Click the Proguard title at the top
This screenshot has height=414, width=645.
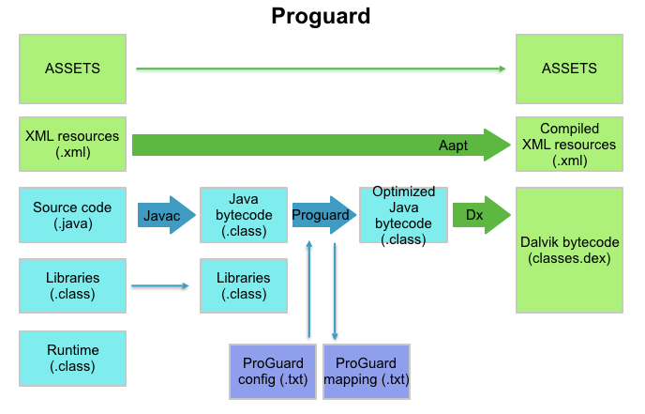pyautogui.click(x=322, y=16)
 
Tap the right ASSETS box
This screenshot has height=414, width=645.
pyautogui.click(x=568, y=69)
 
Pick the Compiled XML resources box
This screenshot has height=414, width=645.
pyautogui.click(x=568, y=144)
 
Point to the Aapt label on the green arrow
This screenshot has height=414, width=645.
pyautogui.click(x=453, y=146)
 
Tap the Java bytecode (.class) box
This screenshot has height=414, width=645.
pyautogui.click(x=242, y=215)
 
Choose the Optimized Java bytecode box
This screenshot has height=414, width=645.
pyautogui.click(x=402, y=215)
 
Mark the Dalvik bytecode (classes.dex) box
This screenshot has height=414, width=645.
pyautogui.click(x=568, y=250)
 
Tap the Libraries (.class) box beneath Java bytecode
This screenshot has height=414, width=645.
pyautogui.click(x=242, y=286)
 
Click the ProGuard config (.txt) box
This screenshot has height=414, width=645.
pyautogui.click(x=270, y=371)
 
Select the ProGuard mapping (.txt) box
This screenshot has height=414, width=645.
pyautogui.click(x=367, y=371)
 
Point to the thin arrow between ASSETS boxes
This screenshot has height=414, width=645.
pyautogui.click(x=321, y=69)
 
